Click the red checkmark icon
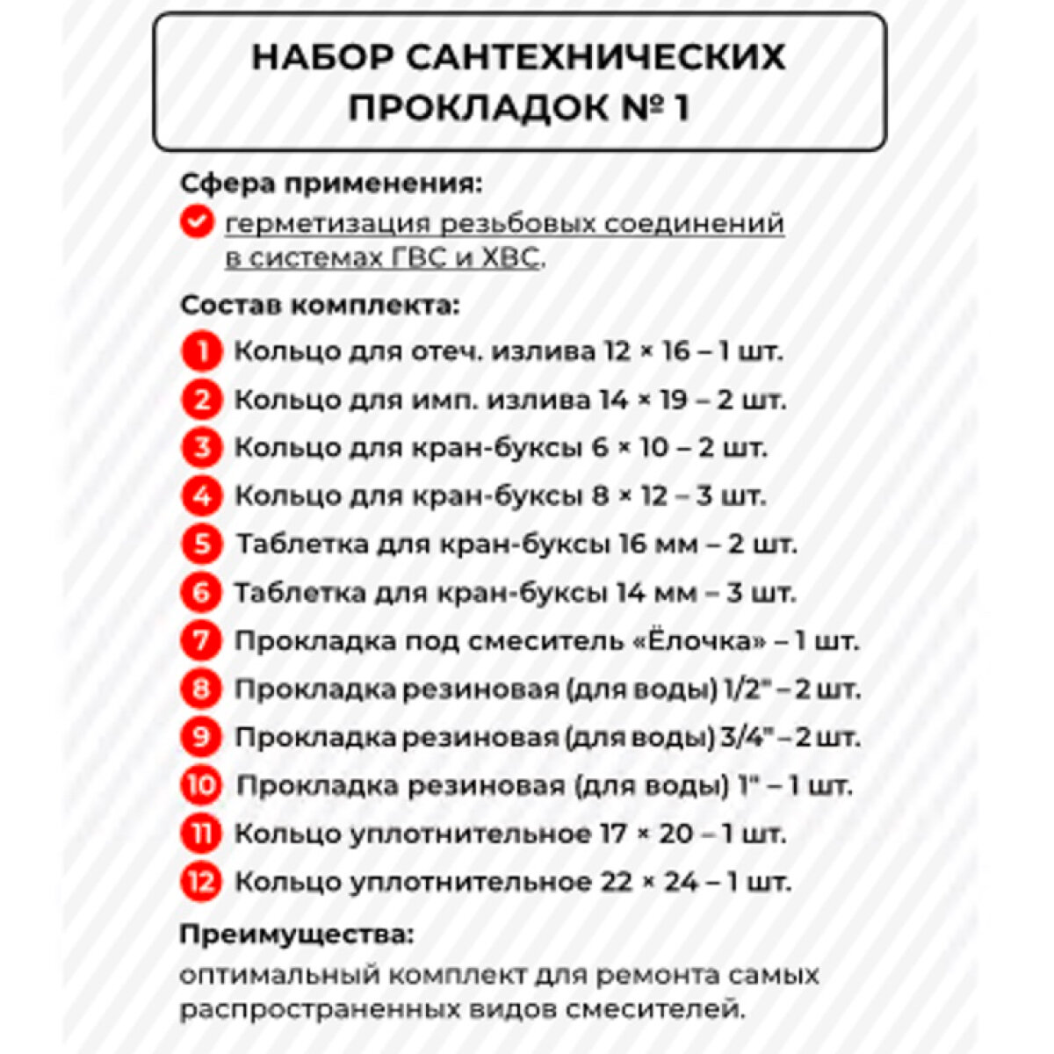197,221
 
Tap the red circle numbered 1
202,352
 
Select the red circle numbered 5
202,545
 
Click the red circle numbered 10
201,784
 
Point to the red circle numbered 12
201,881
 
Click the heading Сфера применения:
331,184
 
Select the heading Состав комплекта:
320,306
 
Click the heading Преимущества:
296,934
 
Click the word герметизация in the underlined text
327,224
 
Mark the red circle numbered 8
201,689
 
